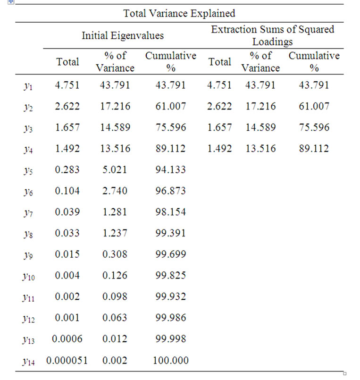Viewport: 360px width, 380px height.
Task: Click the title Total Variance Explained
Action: (179, 13)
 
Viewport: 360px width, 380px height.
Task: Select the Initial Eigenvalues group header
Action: (123, 35)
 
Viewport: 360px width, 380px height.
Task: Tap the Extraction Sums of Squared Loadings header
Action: (272, 35)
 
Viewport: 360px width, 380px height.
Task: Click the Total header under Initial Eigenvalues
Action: (67, 62)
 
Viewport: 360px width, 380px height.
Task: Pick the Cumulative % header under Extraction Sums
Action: (314, 62)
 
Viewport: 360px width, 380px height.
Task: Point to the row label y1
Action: (28, 86)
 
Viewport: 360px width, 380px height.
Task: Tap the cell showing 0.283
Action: (67, 169)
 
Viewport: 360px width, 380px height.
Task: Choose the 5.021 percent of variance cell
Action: (115, 169)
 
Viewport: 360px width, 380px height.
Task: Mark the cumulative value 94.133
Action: (170, 169)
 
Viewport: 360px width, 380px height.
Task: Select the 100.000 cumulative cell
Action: (170, 361)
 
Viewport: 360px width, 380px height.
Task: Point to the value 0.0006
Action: (67, 339)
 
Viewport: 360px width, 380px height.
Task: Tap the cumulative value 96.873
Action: (170, 191)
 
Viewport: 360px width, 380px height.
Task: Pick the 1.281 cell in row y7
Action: (115, 212)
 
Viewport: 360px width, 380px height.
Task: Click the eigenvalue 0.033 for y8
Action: (67, 233)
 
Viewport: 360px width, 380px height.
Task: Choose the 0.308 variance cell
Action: (115, 254)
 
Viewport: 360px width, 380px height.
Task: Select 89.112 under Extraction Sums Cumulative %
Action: (314, 149)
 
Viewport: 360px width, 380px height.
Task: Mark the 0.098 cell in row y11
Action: (115, 297)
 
